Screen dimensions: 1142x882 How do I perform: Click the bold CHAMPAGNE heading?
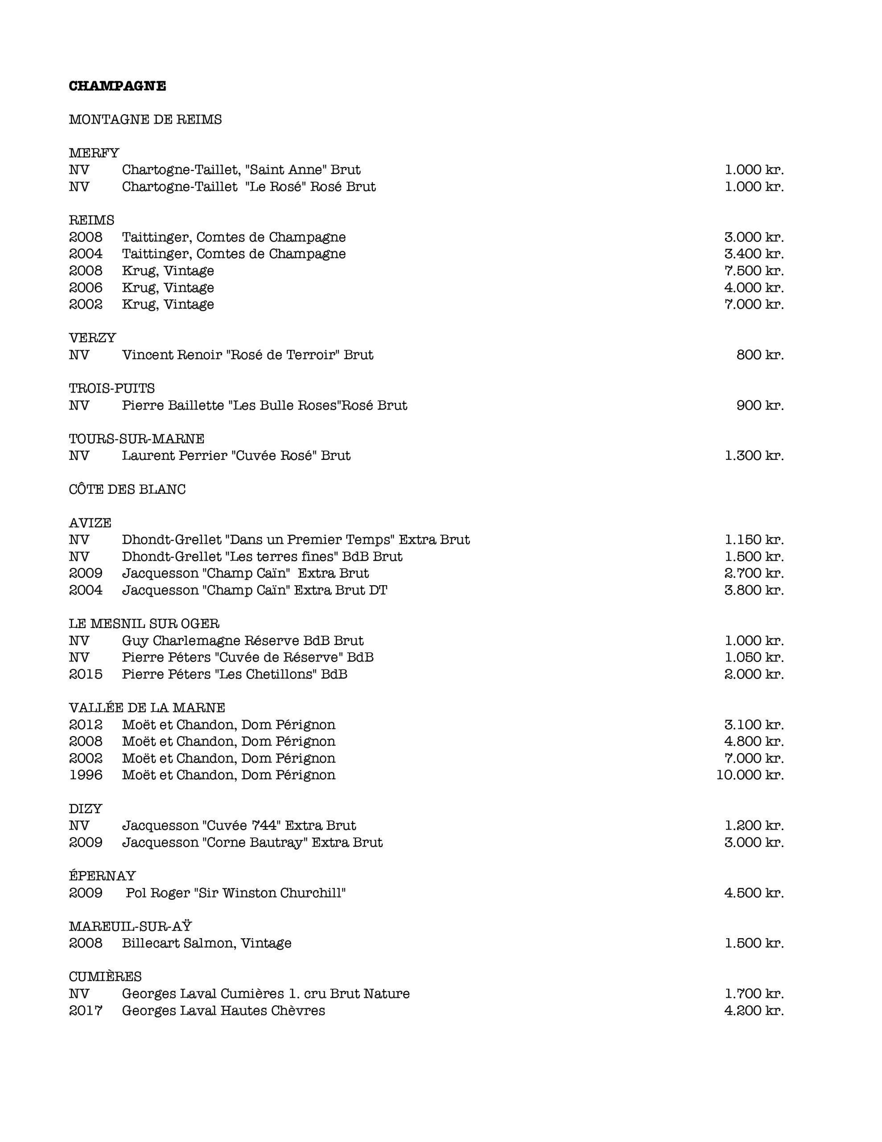pyautogui.click(x=117, y=86)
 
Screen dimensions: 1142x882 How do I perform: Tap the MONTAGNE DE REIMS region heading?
pyautogui.click(x=145, y=120)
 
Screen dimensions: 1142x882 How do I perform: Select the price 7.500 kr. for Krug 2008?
pyautogui.click(x=754, y=271)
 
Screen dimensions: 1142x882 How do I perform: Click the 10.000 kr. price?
pyautogui.click(x=750, y=775)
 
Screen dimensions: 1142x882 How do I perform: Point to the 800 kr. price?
pyautogui.click(x=760, y=355)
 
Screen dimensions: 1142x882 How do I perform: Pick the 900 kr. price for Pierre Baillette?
pyautogui.click(x=760, y=405)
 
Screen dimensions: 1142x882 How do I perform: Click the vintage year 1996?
pyautogui.click(x=86, y=775)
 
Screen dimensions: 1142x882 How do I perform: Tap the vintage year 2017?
pyautogui.click(x=86, y=1010)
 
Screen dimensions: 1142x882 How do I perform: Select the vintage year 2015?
pyautogui.click(x=86, y=674)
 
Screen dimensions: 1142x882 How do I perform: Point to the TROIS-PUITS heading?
pyautogui.click(x=112, y=389)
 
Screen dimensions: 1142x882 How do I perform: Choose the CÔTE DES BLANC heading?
pyautogui.click(x=127, y=489)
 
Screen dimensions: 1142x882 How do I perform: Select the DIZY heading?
pyautogui.click(x=85, y=808)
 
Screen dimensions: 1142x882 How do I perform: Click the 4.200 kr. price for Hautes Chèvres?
pyautogui.click(x=754, y=1010)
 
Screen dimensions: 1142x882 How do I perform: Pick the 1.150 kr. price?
pyautogui.click(x=754, y=540)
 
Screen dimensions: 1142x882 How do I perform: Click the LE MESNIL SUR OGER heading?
pyautogui.click(x=144, y=624)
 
